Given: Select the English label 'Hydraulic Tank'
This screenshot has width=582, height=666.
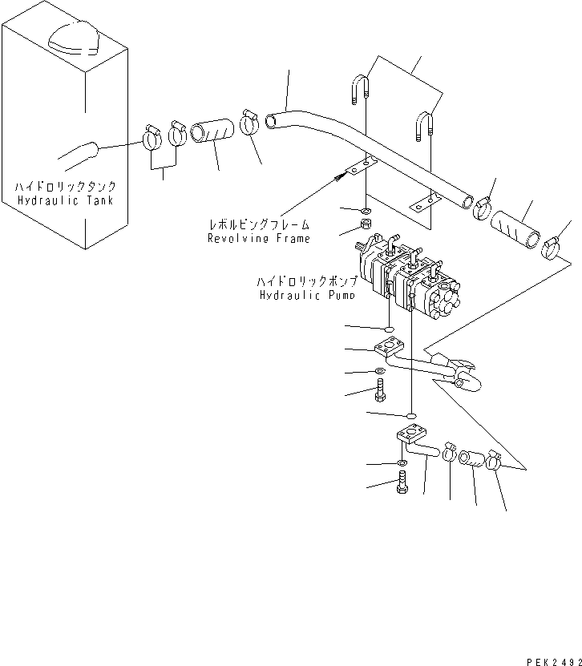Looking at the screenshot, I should [x=64, y=200].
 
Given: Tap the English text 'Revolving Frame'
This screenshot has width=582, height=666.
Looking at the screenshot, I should [x=258, y=238].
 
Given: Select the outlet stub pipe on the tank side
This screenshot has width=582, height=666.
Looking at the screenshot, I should [x=79, y=151].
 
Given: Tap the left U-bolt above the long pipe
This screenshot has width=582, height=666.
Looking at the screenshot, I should [x=359, y=88].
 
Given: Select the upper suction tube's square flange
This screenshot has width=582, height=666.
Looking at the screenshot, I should [x=387, y=351].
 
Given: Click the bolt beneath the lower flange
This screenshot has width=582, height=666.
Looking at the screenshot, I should [x=402, y=482].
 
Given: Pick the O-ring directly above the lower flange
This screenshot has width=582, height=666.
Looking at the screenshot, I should [x=410, y=415].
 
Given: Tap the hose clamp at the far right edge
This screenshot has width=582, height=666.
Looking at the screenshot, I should [x=552, y=248].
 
